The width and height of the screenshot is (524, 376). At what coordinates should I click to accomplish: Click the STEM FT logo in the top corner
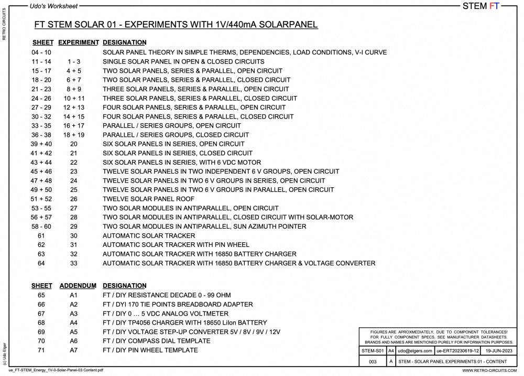[x=481, y=6]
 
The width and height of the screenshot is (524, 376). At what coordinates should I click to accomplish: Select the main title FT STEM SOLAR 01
[x=176, y=25]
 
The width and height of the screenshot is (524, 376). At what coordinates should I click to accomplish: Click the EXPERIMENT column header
[x=78, y=42]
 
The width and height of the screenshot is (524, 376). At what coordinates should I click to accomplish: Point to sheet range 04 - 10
[x=41, y=52]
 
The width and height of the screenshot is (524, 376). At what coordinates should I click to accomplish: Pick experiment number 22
[x=74, y=163]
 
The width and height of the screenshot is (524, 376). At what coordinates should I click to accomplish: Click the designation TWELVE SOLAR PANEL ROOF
[x=148, y=199]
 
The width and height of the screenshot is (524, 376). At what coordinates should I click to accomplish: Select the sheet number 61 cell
[x=41, y=236]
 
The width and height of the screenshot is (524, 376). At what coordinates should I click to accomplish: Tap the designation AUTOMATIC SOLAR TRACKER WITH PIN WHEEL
[x=176, y=245]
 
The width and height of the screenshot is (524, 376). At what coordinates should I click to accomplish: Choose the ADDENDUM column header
[x=78, y=286]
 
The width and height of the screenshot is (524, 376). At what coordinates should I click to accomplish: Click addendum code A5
[x=74, y=332]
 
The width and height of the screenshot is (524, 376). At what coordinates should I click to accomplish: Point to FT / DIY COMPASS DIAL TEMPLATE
[x=156, y=341]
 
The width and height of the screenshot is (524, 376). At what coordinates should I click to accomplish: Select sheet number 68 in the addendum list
[x=41, y=323]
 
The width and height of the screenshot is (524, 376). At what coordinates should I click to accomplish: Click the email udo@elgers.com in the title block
[x=415, y=351]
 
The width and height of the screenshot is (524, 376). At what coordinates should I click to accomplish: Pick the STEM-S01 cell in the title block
[x=373, y=351]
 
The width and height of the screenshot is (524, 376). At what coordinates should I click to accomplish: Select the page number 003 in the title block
[x=373, y=361]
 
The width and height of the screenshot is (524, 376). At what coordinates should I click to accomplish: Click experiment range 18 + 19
[x=74, y=135]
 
